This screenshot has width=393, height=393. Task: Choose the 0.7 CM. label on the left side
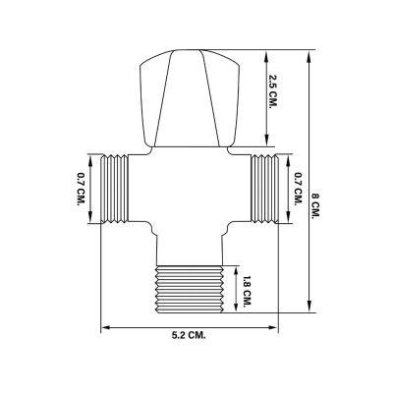pyautogui.click(x=80, y=189)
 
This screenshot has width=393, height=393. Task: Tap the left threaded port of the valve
pyautogui.click(x=115, y=189)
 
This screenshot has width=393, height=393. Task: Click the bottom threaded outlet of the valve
pyautogui.click(x=192, y=286)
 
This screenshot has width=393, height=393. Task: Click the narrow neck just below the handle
pyautogui.click(x=189, y=149)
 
